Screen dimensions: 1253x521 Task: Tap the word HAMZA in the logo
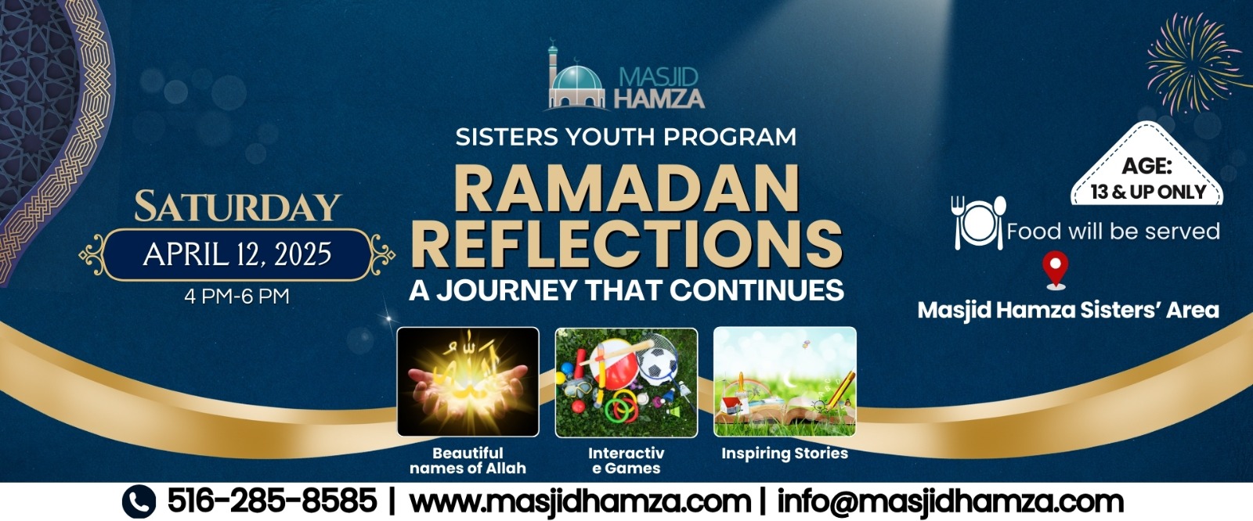[x=659, y=98]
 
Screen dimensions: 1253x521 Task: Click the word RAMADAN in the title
[x=626, y=189]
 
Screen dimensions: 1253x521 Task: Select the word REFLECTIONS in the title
[x=627, y=244]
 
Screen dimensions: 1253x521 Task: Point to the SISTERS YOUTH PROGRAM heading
[x=626, y=137]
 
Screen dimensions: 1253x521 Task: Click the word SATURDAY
[x=238, y=207]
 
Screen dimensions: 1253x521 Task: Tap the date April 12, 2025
[x=237, y=254]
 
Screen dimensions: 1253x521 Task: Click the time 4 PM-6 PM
[x=237, y=296]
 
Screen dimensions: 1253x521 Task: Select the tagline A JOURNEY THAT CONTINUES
[x=626, y=290]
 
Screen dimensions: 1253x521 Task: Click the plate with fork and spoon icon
[x=979, y=222]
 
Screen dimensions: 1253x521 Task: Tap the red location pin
[x=1056, y=270]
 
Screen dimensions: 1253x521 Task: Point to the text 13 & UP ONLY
[x=1148, y=192]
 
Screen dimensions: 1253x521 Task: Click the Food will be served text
[x=1113, y=231]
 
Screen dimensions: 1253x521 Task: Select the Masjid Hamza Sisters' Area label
[x=1068, y=311]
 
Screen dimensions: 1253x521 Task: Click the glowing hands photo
[x=468, y=382]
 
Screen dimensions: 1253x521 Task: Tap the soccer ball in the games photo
[x=657, y=363]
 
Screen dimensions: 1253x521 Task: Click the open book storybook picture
[x=785, y=382]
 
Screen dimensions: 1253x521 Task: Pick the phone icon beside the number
[x=139, y=501]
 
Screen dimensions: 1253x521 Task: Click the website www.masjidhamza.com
[x=580, y=501]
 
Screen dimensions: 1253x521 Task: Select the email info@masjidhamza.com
[x=951, y=501]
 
